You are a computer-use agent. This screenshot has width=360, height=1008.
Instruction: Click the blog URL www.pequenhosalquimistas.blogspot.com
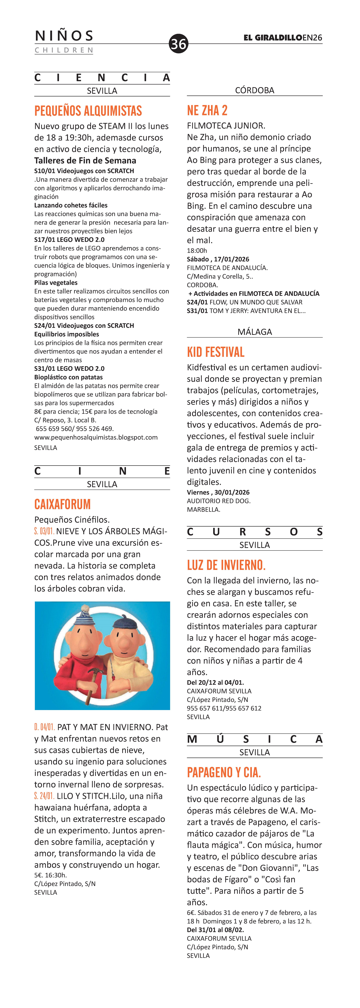(x=96, y=437)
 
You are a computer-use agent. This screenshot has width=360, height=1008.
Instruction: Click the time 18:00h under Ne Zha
(x=197, y=250)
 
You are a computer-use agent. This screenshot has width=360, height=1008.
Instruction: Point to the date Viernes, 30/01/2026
(x=218, y=492)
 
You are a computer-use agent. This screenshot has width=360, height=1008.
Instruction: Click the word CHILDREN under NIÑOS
(x=64, y=50)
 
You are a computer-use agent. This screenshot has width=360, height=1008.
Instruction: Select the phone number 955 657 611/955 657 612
(x=224, y=708)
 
